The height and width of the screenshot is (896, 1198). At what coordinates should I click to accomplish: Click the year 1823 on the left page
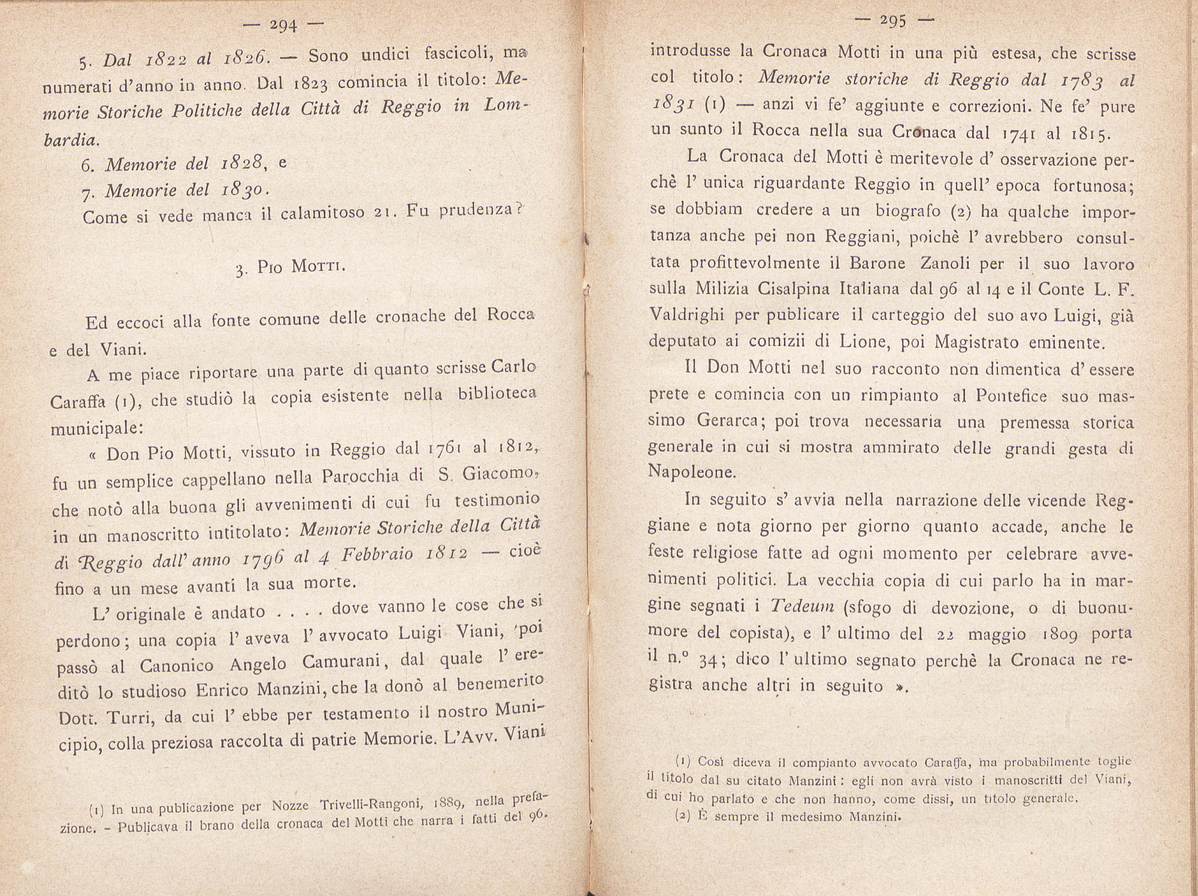pos(308,83)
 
